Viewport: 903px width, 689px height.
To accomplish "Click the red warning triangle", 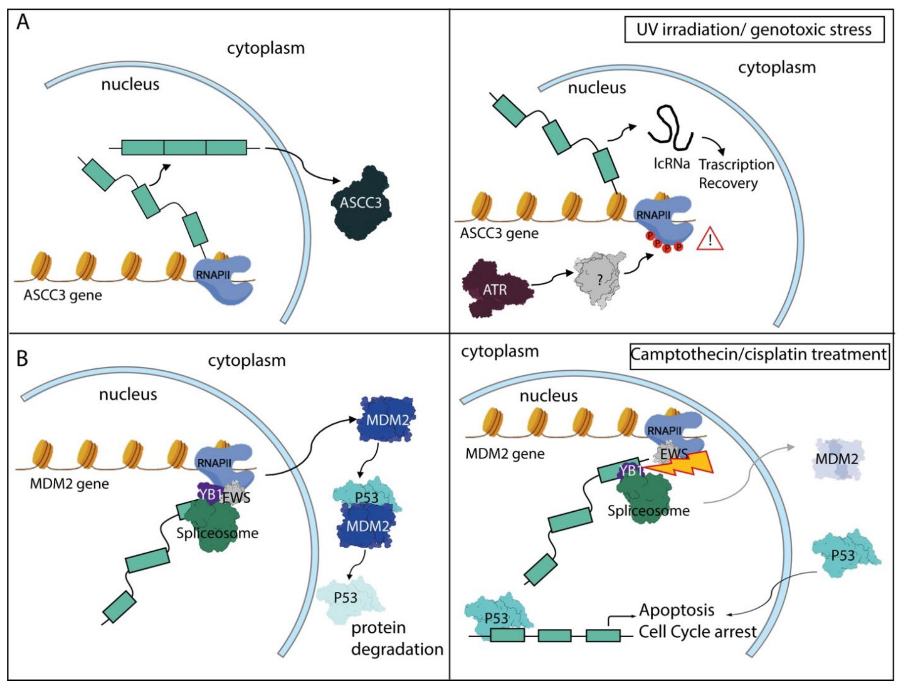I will [710, 240].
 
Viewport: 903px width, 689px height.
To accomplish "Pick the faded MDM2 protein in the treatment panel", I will [837, 458].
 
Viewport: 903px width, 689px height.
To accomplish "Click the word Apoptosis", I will [676, 610].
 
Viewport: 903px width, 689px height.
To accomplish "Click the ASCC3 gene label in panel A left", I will [62, 295].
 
